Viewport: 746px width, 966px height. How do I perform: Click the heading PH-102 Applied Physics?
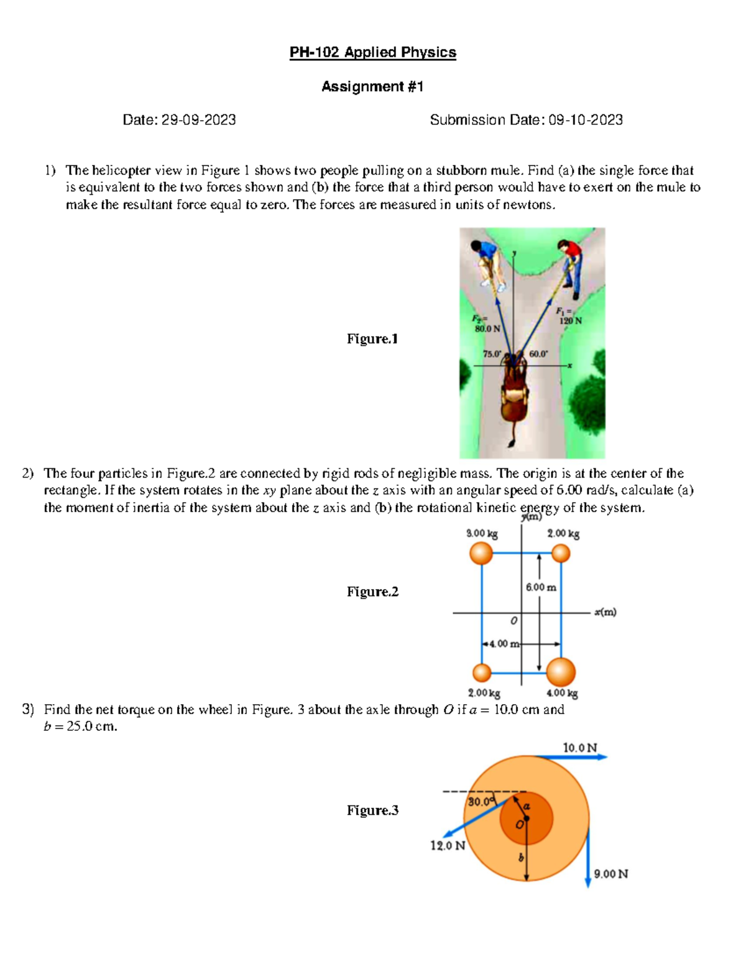click(372, 52)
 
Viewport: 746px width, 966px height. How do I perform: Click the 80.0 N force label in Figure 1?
click(487, 328)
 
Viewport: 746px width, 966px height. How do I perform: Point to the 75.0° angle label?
click(492, 354)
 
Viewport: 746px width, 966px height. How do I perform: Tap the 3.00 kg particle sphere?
click(481, 553)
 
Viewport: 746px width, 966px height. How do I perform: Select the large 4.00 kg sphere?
click(561, 672)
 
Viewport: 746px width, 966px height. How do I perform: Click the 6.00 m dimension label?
click(541, 587)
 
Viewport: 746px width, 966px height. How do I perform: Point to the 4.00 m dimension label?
click(504, 644)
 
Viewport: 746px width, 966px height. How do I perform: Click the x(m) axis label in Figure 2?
click(604, 612)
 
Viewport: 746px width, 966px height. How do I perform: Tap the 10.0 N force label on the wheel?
click(579, 748)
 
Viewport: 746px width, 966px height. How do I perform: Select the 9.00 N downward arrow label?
click(610, 874)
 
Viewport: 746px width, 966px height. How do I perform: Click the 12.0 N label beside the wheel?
click(448, 846)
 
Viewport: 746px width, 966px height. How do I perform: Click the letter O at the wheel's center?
click(518, 825)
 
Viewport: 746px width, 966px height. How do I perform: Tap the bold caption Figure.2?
click(372, 592)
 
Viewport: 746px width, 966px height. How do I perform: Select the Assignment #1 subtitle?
click(372, 86)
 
